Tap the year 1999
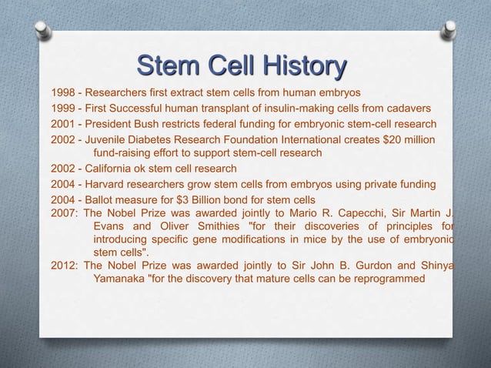click(x=64, y=109)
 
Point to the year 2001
click(x=64, y=124)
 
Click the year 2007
click(x=64, y=213)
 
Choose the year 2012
click(x=64, y=266)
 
